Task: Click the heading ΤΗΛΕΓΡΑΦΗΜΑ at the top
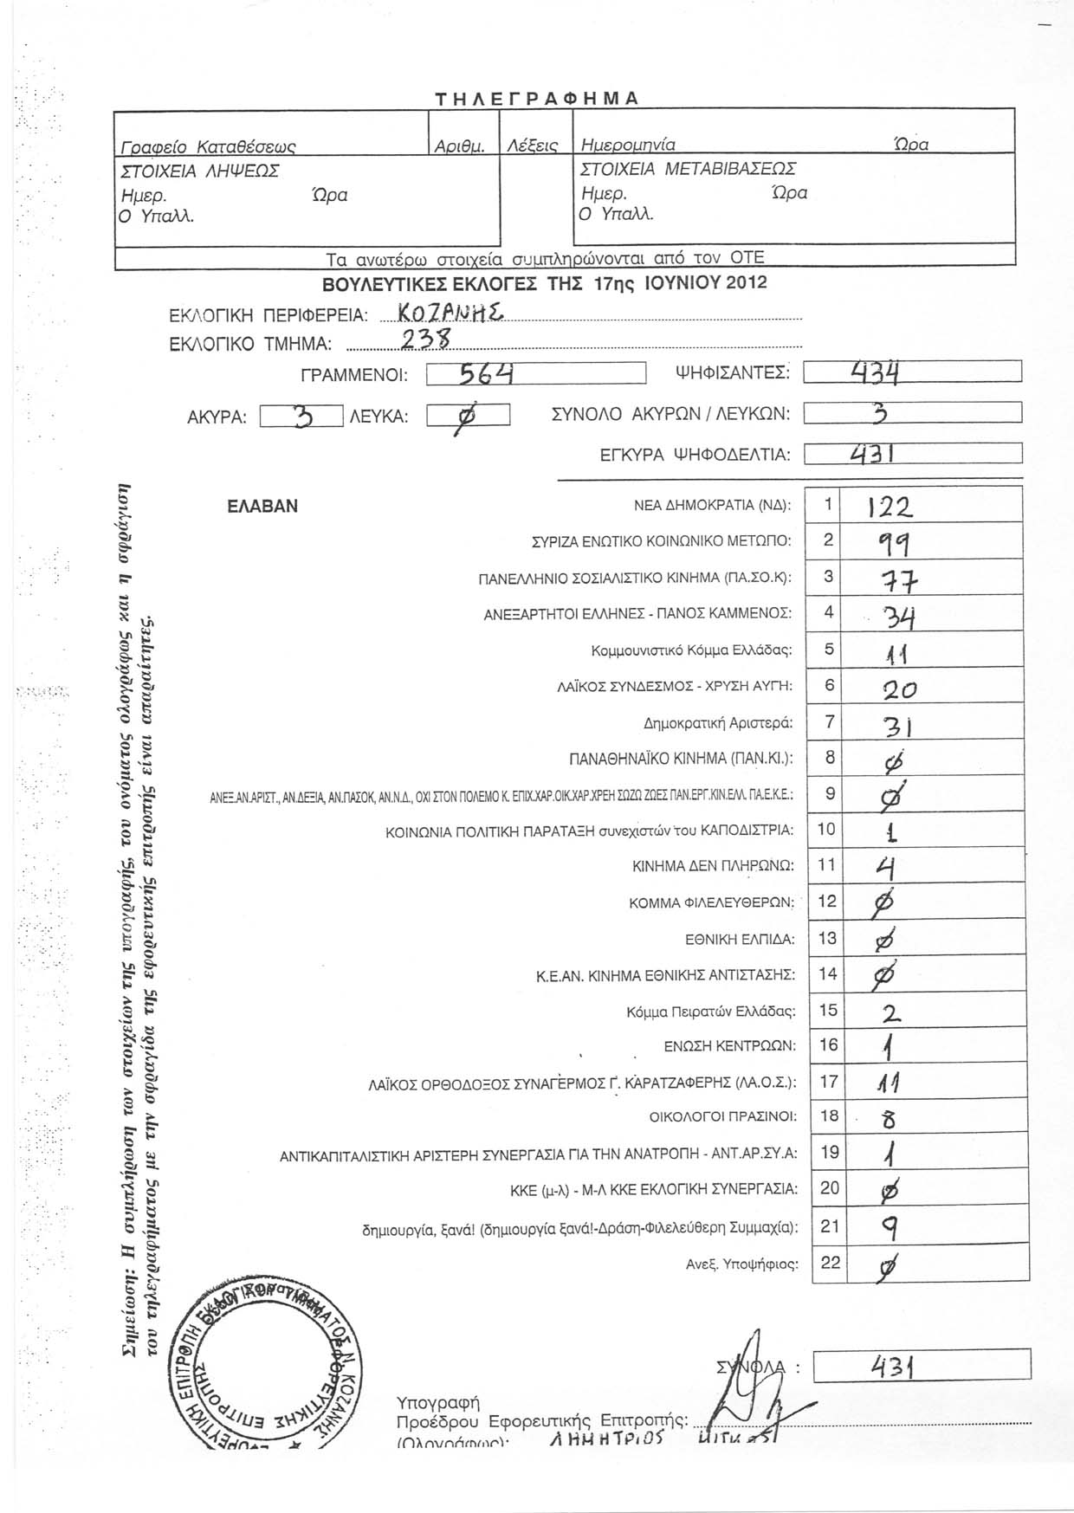[x=536, y=98]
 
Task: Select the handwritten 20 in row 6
[x=887, y=689]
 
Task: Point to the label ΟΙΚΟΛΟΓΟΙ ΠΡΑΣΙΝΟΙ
[x=723, y=1116]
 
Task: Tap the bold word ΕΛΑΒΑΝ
[x=262, y=507]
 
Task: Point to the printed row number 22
[x=830, y=1262]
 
